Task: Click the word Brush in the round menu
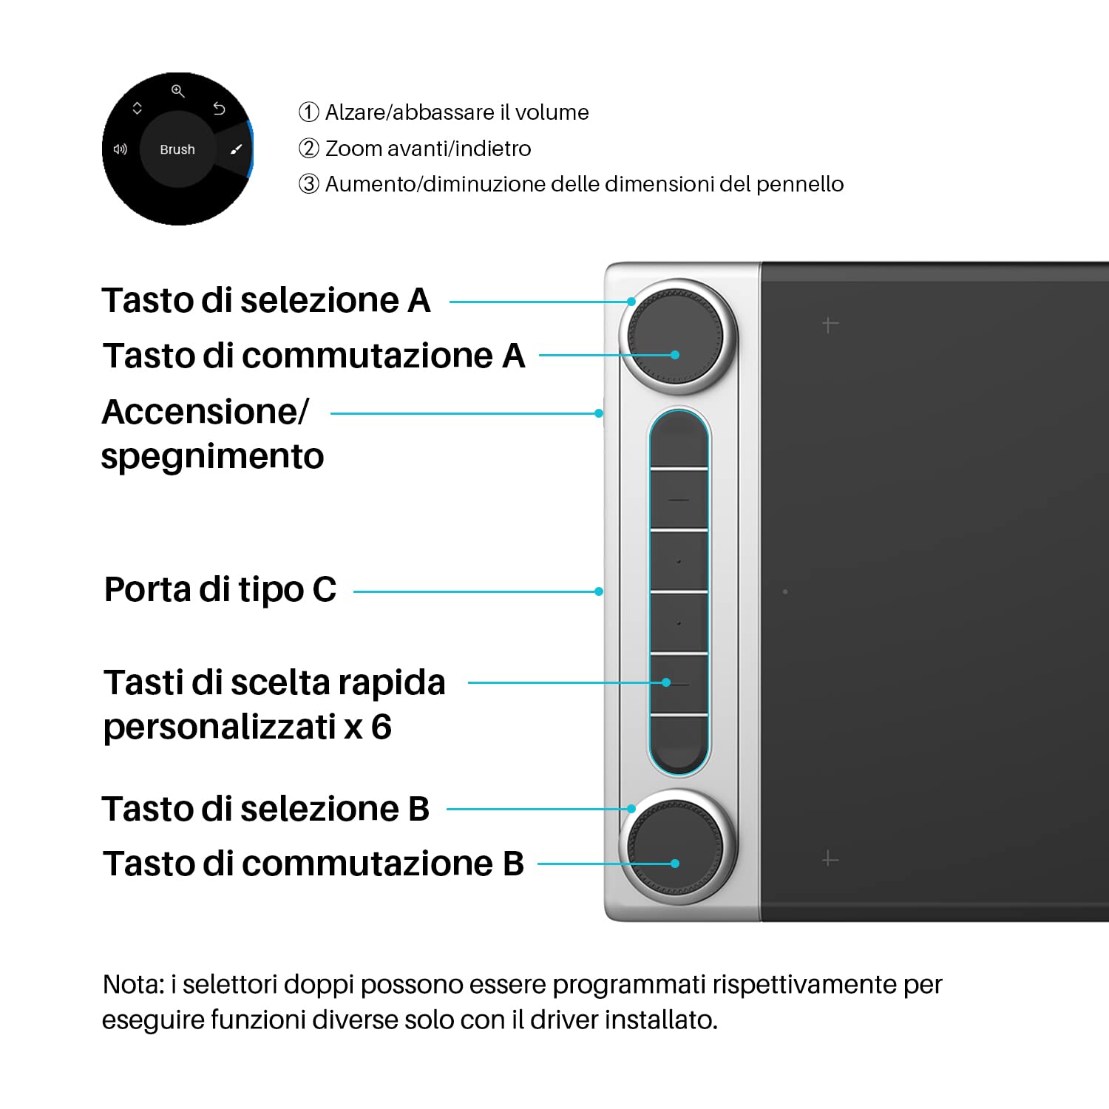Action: pos(177,149)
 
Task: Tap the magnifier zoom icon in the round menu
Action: pos(177,91)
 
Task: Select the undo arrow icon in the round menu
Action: pos(219,109)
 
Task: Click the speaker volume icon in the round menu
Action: pos(120,149)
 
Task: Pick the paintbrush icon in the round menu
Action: pos(236,149)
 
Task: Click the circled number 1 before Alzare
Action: pos(308,112)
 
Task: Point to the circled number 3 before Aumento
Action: pos(308,184)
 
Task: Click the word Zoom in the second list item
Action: pos(353,149)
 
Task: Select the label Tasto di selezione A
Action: pos(266,300)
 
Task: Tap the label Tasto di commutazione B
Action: pos(313,864)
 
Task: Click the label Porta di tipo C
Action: pos(220,590)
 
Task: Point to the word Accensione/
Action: pos(205,412)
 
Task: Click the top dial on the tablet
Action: pos(676,336)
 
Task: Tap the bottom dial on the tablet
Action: pos(676,847)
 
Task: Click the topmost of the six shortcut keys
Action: pos(679,441)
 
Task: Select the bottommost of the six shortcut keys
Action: pos(679,743)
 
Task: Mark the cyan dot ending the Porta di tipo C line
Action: pos(599,591)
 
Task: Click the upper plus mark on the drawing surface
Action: pos(830,325)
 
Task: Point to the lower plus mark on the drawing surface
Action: pos(830,859)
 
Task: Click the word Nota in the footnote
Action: pos(133,985)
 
